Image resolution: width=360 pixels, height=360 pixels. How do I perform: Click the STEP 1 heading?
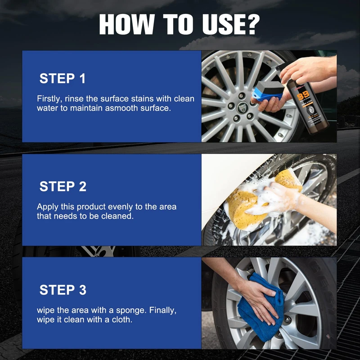pos(63,78)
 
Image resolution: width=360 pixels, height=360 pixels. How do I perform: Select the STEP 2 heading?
pos(63,186)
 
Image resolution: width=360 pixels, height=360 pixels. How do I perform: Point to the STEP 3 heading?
pos(63,290)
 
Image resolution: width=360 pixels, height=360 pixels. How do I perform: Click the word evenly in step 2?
pos(120,207)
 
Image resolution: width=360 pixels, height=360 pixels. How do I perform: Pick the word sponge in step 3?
pos(131,311)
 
